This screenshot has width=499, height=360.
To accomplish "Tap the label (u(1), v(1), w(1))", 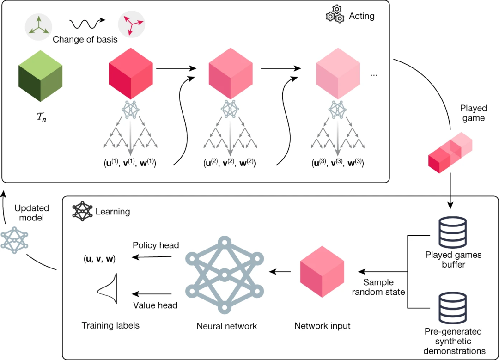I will coord(130,163).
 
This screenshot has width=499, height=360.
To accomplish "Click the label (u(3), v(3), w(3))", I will coord(337,163).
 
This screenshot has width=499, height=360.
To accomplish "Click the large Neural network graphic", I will coord(225,275).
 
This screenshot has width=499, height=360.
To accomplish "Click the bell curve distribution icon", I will coord(110,289).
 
